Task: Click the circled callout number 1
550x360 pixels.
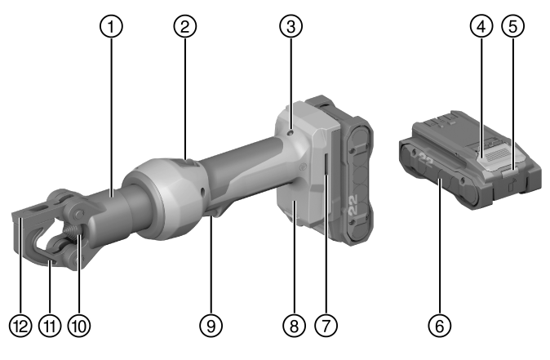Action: point(112,26)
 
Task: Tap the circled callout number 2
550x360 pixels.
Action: point(185,26)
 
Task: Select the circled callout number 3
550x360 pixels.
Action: point(291,26)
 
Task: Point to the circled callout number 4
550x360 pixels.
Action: point(481,26)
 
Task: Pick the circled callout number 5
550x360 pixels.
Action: point(512,26)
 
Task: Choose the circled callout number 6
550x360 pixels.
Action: point(440,326)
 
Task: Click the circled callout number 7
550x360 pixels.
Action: point(326,326)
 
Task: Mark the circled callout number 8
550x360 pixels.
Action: point(294,326)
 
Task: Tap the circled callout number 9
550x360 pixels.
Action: point(211,326)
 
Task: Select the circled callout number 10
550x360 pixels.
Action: point(79,326)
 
